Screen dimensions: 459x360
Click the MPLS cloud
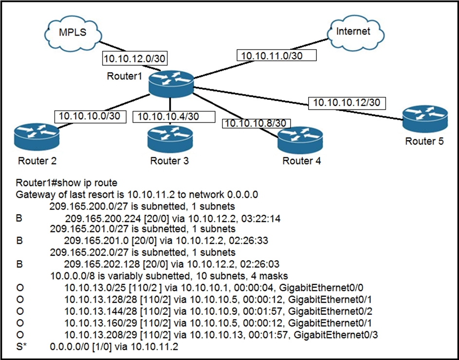(73, 33)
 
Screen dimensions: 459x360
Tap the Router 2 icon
(37, 137)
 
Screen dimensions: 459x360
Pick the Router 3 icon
(170, 138)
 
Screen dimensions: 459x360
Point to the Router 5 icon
(425, 119)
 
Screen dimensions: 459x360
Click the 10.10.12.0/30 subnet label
(135, 59)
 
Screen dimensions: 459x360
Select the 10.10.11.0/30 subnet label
(277, 56)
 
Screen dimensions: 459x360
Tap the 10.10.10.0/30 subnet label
(90, 116)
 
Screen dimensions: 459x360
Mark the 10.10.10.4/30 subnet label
(174, 116)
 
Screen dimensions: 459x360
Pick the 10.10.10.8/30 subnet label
(257, 123)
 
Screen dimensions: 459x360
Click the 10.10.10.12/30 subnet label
(347, 103)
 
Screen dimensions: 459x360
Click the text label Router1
(125, 76)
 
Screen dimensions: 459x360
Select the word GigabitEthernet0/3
(335, 335)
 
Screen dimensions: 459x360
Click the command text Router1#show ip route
(67, 183)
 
